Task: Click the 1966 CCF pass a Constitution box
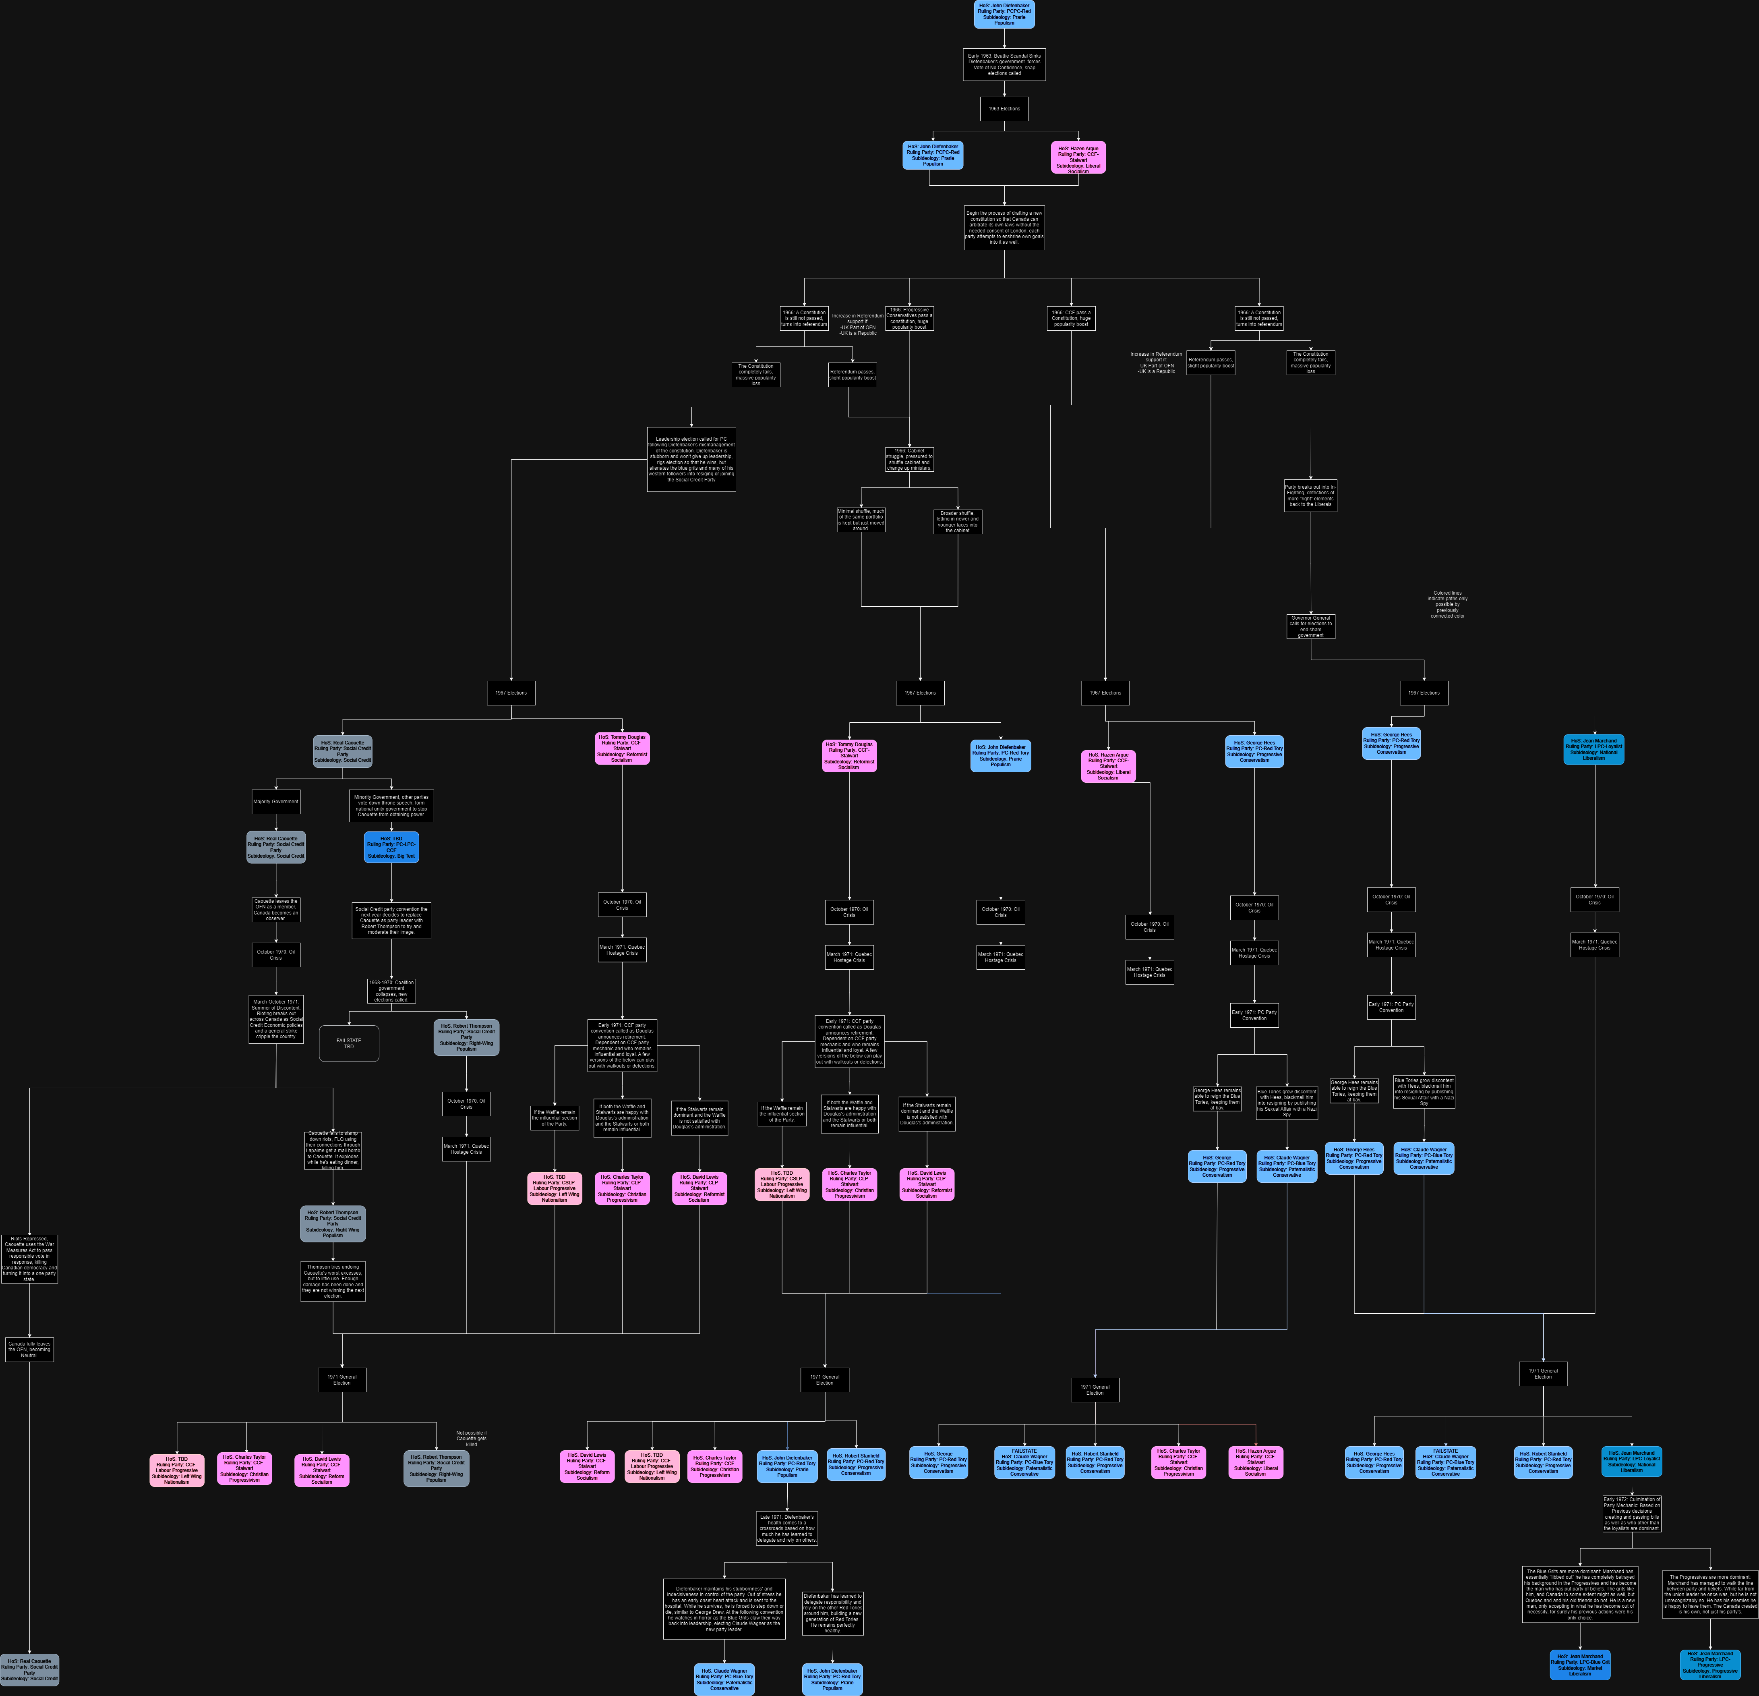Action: coord(1071,318)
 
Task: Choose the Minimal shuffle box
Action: coord(861,520)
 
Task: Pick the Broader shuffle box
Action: coord(958,522)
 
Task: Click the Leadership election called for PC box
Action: coord(691,459)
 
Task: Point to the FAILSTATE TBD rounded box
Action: coord(349,1043)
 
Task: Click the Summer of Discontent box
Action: coord(275,1019)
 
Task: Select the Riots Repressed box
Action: coord(30,1259)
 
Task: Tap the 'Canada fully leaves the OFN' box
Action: coord(30,1350)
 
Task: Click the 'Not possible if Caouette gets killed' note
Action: coord(471,1438)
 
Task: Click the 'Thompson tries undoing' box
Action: coord(333,1281)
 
